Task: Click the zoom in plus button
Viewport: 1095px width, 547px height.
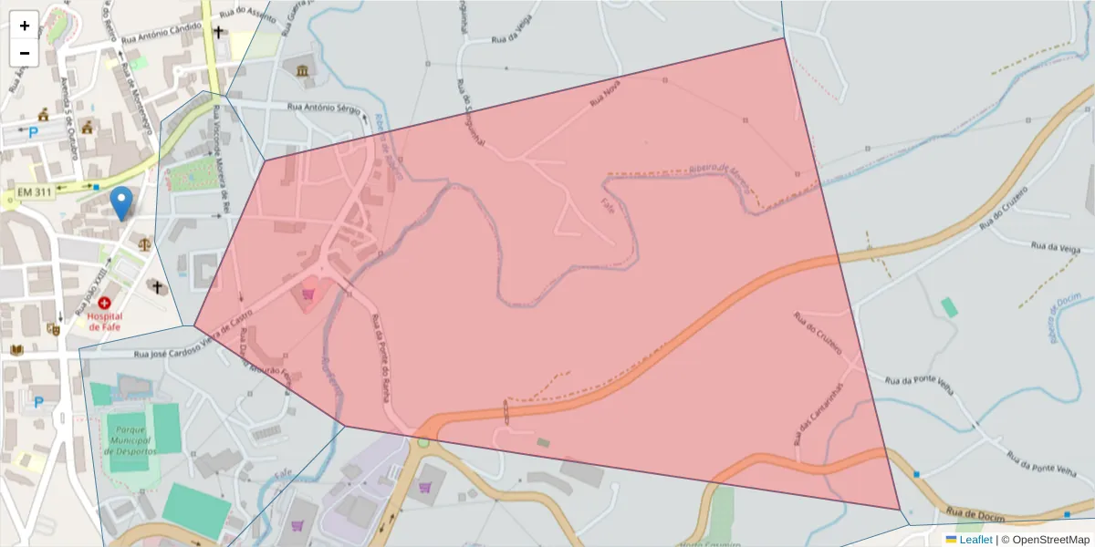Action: click(25, 26)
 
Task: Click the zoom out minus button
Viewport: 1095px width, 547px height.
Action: click(25, 53)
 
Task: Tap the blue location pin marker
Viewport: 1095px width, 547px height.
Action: click(120, 202)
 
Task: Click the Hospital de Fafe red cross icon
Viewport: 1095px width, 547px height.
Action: click(105, 302)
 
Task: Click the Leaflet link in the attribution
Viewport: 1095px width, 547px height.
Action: click(975, 540)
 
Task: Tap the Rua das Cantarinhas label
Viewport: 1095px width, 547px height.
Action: click(819, 412)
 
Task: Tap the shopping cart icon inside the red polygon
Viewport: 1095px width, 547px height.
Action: click(308, 294)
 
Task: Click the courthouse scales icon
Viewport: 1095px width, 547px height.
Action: click(144, 243)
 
